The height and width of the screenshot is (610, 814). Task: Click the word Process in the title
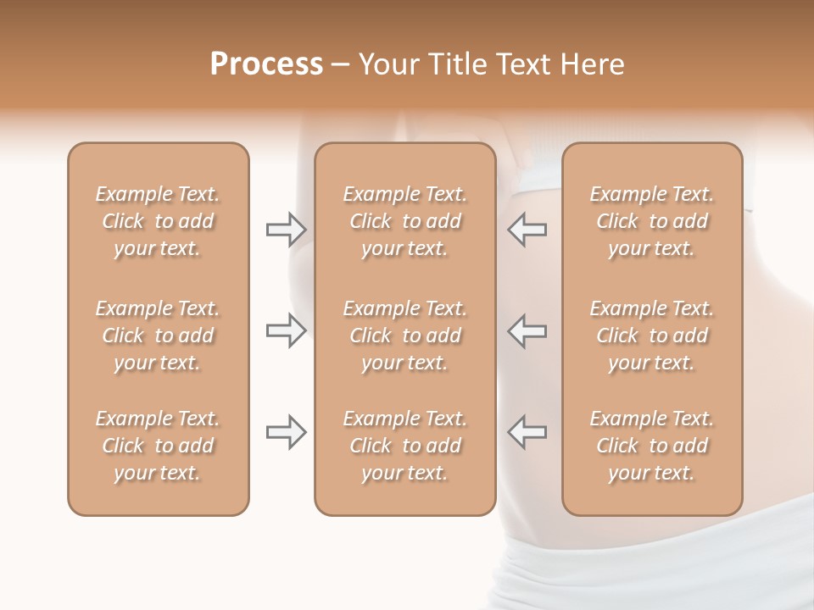[266, 64]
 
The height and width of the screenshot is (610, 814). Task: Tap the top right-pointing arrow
[286, 230]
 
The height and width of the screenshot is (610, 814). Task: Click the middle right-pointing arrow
[286, 330]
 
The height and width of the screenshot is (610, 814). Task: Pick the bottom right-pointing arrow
[286, 432]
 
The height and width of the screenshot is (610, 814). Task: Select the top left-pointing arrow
[527, 230]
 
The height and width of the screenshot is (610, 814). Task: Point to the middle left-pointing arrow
[527, 330]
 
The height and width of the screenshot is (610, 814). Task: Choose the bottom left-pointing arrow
[527, 432]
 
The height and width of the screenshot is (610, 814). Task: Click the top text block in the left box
[158, 221]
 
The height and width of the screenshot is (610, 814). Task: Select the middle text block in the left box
[158, 335]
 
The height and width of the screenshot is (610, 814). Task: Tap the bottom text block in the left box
[158, 446]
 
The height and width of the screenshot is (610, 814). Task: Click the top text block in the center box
[404, 221]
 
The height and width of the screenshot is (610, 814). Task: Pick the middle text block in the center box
[404, 335]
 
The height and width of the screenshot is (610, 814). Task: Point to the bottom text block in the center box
[404, 446]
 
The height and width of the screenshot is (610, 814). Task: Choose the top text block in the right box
[651, 221]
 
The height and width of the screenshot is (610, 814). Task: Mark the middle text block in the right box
[651, 335]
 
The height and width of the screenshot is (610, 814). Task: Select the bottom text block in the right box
[651, 446]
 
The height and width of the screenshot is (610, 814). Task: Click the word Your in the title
[387, 64]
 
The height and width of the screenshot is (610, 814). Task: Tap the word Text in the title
[520, 64]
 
